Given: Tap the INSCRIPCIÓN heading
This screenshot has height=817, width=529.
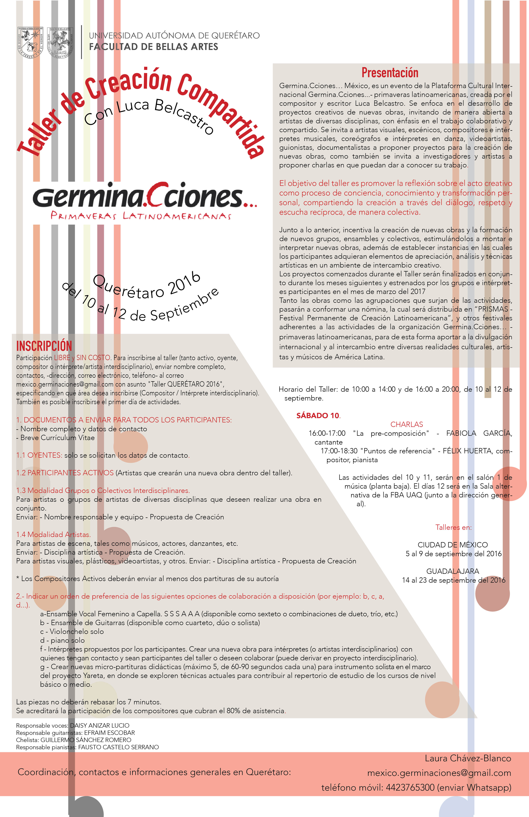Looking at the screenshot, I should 44,346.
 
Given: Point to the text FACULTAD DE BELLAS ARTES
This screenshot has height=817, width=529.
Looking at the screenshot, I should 153,47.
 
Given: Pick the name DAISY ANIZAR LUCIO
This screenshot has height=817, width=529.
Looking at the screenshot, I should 100,725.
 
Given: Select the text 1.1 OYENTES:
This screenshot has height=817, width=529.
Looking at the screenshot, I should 39,455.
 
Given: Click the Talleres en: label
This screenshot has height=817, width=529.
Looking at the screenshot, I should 453,527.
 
